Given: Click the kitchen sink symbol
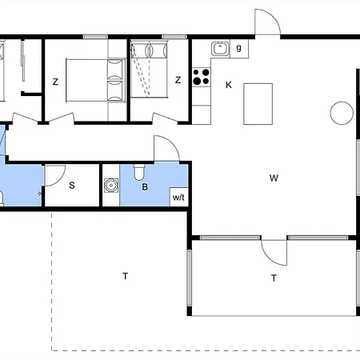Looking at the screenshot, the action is tap(220, 49).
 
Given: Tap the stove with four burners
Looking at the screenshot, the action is tap(202, 77).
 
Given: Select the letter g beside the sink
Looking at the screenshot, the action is tap(239, 48).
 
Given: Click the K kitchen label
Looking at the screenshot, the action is tap(229, 85).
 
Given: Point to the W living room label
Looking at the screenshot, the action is tap(274, 178).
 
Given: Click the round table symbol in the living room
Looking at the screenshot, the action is tap(342, 113).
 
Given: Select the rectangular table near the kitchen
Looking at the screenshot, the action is tap(258, 104).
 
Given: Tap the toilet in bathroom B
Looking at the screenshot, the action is tap(139, 172).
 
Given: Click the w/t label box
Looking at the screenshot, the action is tap(179, 197).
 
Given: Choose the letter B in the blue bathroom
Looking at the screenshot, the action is tap(145, 187).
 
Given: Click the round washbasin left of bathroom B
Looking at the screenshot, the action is tap(111, 185).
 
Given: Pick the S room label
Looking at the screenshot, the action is tap(72, 186).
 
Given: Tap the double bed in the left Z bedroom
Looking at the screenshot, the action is tap(95, 80).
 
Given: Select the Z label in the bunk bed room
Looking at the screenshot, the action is tap(178, 80).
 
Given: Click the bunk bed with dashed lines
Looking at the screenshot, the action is tap(149, 69).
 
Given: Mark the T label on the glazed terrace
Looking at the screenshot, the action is tap(274, 278).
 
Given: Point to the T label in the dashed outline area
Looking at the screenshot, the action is tap(126, 276).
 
